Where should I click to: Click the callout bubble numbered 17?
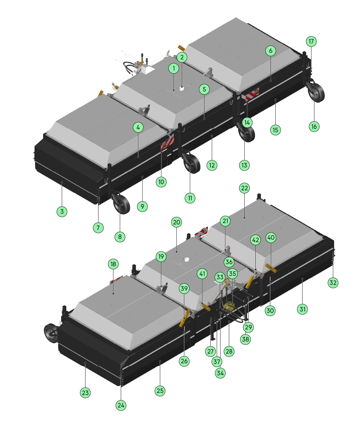coord(311,41)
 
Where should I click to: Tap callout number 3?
coord(62,211)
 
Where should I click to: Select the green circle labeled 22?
coord(244,188)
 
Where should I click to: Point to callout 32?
coord(333,282)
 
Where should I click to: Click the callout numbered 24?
coord(121,405)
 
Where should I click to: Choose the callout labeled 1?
coord(174,68)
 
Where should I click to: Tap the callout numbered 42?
coord(255,240)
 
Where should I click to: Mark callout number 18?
coord(113,264)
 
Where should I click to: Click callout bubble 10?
coord(161,182)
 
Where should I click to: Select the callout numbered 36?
coord(229,262)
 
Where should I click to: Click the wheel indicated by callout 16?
coord(316,92)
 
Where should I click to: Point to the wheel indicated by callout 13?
coord(246,133)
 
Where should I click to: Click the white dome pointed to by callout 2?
coord(181,88)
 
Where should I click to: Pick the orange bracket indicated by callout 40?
coord(271,268)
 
